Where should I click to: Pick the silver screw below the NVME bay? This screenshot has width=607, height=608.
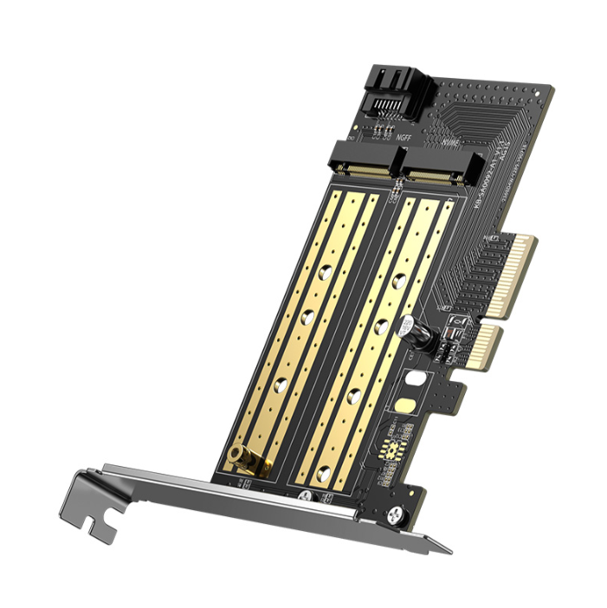pyautogui.click(x=304, y=495)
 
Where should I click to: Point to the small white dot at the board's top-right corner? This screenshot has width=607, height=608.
pyautogui.click(x=540, y=89)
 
